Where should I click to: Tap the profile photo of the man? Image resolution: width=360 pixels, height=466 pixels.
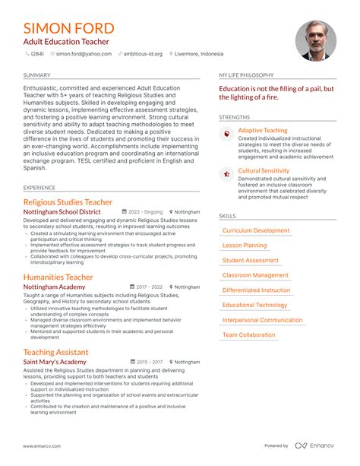(x=315, y=40)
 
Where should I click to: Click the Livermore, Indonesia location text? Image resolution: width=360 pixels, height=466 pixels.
(x=199, y=55)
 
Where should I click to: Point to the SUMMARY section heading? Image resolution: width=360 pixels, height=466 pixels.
(x=37, y=75)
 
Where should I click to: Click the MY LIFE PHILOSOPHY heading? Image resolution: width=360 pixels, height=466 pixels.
(x=246, y=75)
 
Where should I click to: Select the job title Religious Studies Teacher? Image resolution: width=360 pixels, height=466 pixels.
(x=68, y=202)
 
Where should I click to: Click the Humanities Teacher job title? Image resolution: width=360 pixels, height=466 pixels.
(x=58, y=277)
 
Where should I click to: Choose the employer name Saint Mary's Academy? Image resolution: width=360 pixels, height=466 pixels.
(x=55, y=363)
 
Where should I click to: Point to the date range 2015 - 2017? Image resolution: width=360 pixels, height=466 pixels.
(x=149, y=363)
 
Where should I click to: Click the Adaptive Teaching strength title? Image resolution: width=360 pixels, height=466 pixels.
(x=263, y=131)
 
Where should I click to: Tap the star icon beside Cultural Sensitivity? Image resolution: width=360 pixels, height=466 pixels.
(x=226, y=173)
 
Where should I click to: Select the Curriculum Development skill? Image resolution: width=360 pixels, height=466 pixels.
(x=255, y=230)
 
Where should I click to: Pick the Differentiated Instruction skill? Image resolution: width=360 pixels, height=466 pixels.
(x=256, y=290)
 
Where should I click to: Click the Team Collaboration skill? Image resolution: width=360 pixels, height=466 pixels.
(x=248, y=335)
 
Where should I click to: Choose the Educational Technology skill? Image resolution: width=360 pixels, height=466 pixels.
(x=254, y=306)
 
